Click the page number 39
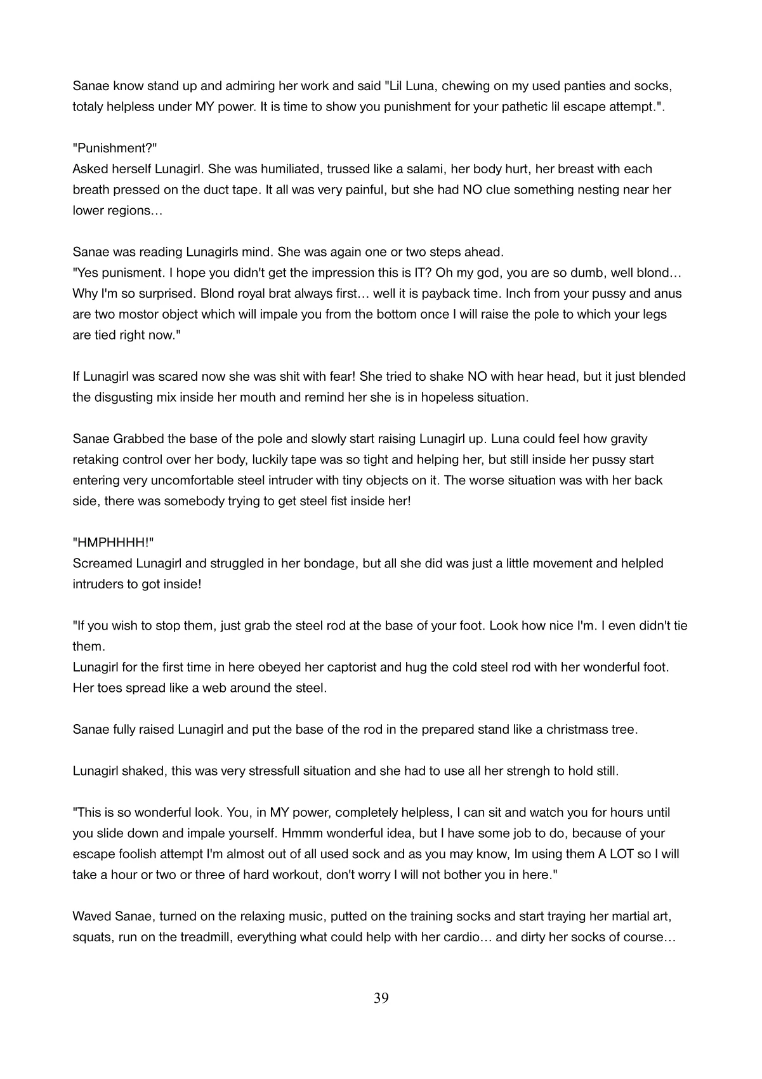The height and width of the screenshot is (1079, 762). tap(381, 998)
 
